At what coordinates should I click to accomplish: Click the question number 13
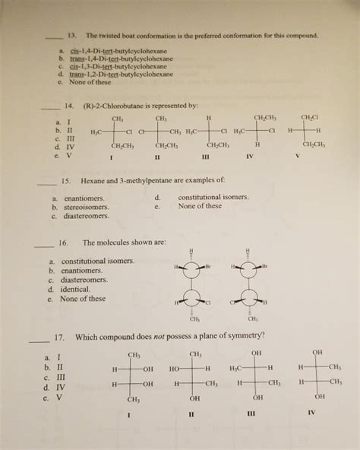pos(72,36)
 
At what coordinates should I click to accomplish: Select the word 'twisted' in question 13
pos(115,36)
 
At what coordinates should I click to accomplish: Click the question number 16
pos(64,243)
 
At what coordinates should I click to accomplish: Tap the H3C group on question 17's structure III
pos(237,369)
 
